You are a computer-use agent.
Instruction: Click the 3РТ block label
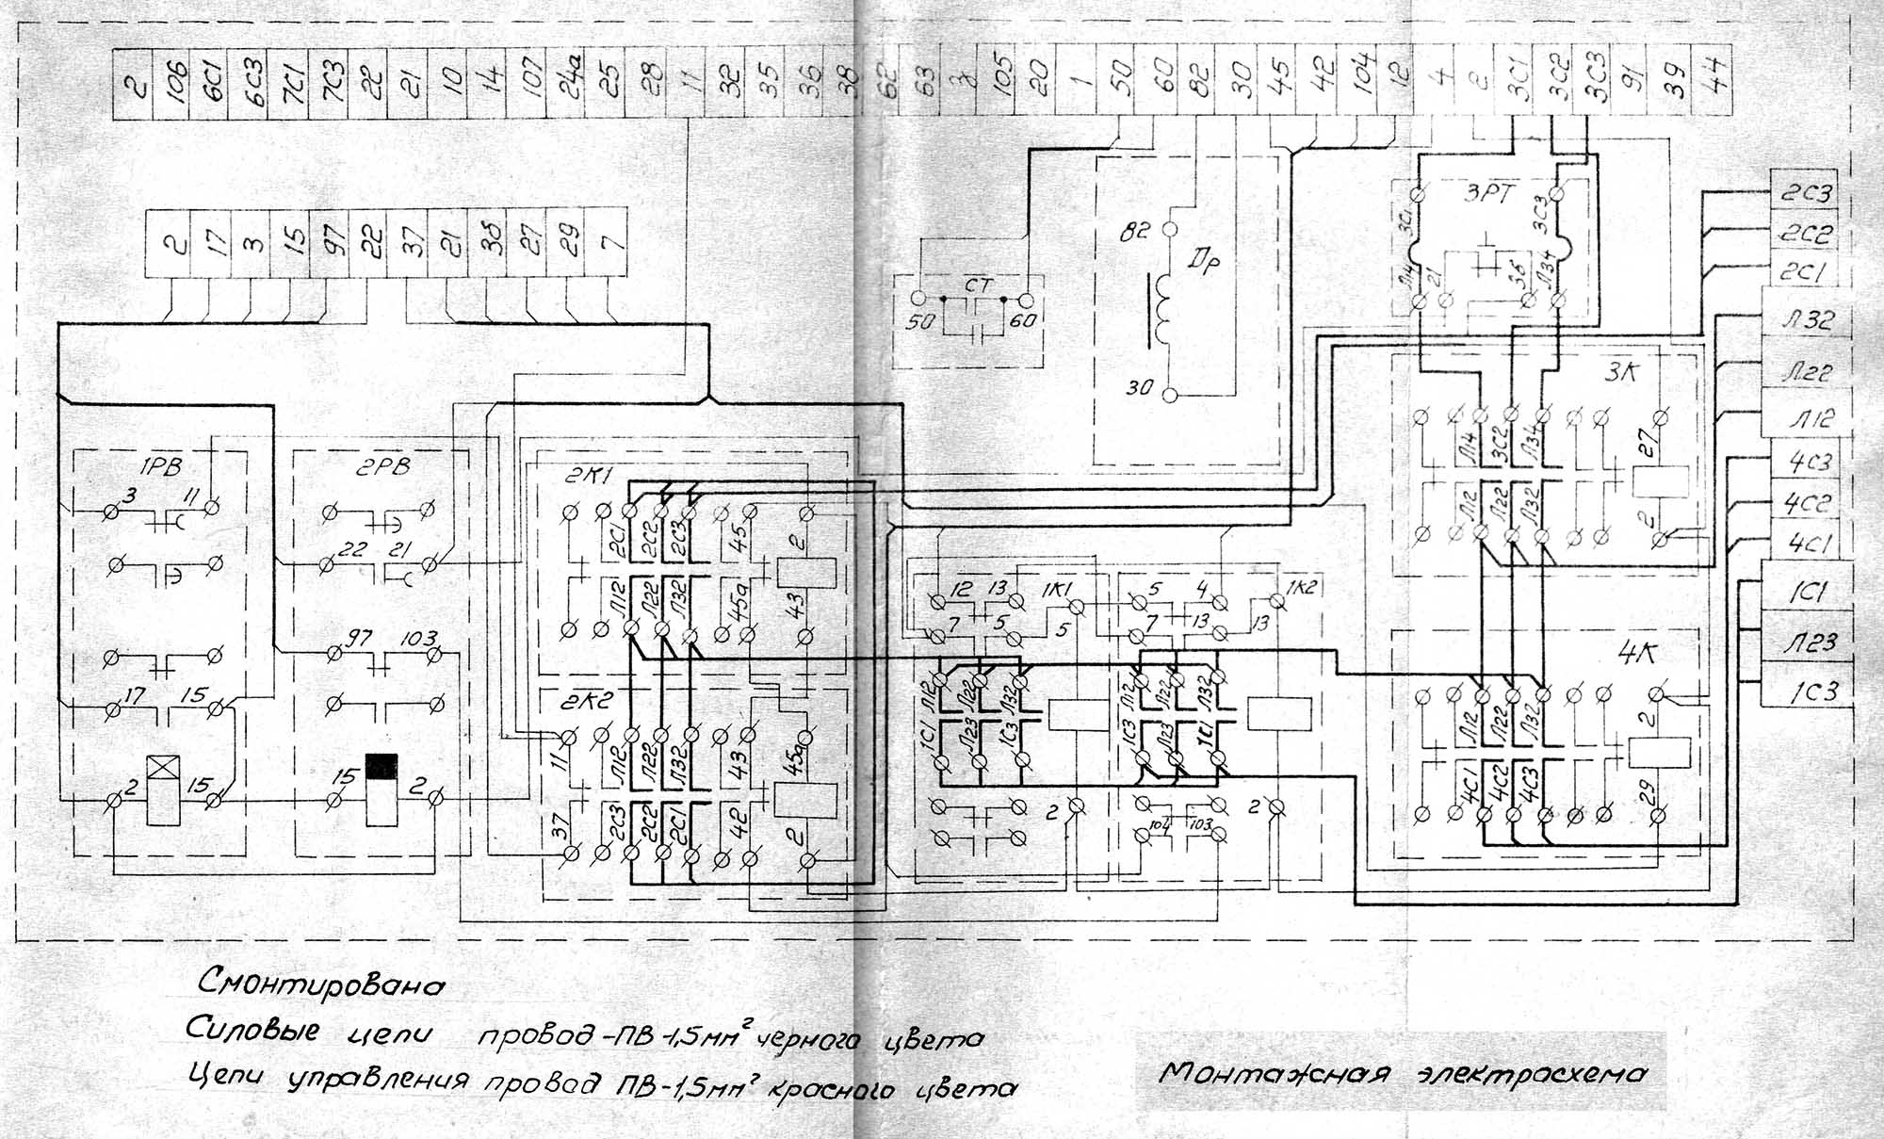pyautogui.click(x=1488, y=195)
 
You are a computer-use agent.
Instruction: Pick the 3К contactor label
pyautogui.click(x=1621, y=371)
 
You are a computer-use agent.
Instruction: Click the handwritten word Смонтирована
pyautogui.click(x=320, y=984)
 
